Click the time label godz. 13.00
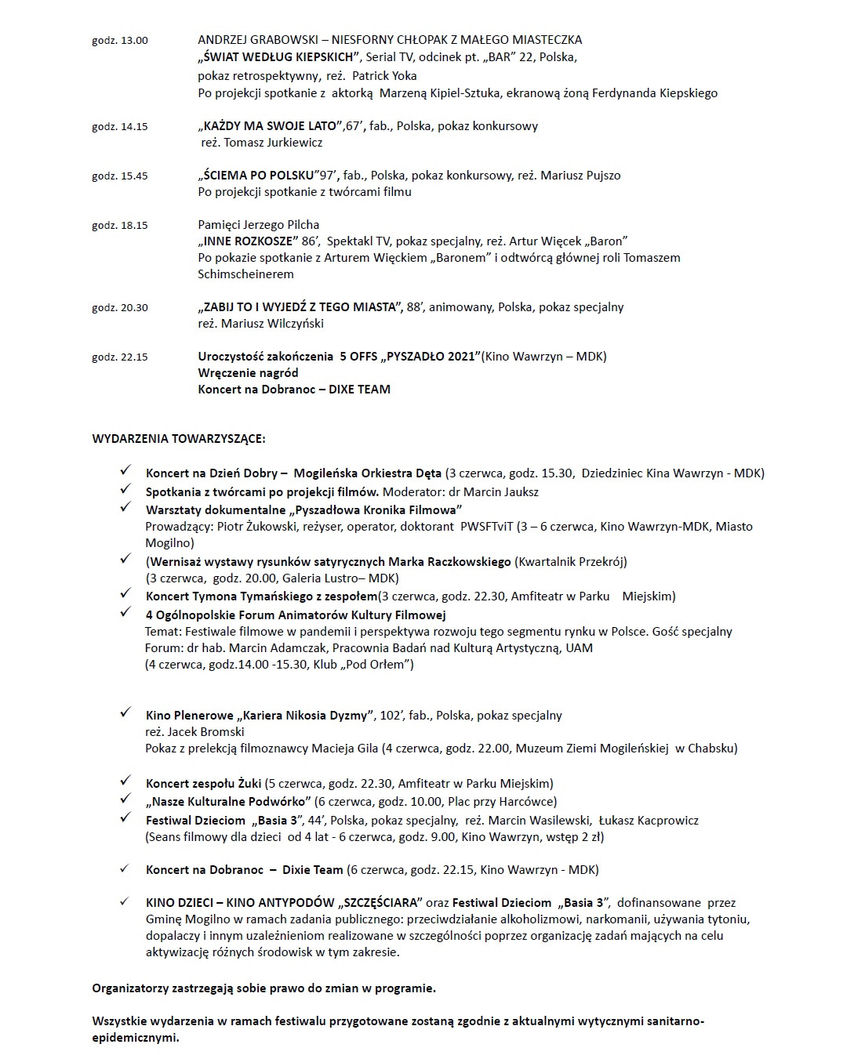coord(119,41)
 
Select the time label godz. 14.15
coord(119,127)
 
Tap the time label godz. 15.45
coord(119,176)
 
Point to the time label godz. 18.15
coord(119,226)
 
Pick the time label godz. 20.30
coord(119,308)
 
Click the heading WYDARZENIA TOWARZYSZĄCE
coord(179,438)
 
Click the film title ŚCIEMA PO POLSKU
coord(256,176)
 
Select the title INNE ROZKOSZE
coord(249,241)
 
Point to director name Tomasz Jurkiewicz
coord(273,143)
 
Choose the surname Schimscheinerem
coord(245,274)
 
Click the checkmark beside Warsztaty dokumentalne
coord(125,508)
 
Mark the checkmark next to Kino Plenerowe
coord(125,713)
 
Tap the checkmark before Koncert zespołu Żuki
coord(125,781)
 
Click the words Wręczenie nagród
coord(249,373)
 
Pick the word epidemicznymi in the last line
coord(135,1038)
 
